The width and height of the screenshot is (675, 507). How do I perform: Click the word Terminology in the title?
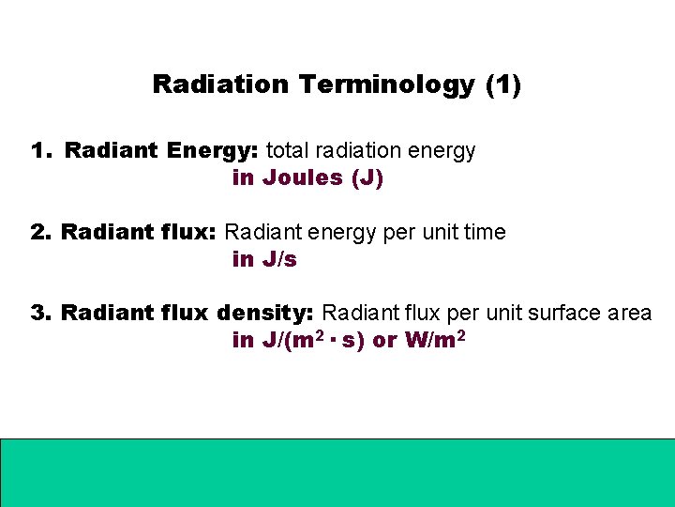point(387,84)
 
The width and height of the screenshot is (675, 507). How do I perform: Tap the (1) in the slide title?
point(503,84)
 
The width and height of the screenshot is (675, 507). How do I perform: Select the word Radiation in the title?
point(220,84)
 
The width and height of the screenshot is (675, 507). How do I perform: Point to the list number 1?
point(39,150)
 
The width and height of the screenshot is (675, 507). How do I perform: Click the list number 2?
point(39,232)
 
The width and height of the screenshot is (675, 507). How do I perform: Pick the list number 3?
point(39,313)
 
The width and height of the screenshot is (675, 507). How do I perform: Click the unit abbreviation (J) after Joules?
point(367,178)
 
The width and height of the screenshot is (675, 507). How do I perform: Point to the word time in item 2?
point(484,232)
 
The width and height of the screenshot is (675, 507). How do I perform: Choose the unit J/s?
point(279,260)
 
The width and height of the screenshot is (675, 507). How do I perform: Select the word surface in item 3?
point(561,313)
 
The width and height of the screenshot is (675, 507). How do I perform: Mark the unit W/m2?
point(435,340)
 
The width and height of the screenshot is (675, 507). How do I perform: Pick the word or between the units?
point(384,341)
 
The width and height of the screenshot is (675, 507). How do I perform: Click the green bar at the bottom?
point(337,471)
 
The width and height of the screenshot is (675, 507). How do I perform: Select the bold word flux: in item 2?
point(187,232)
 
